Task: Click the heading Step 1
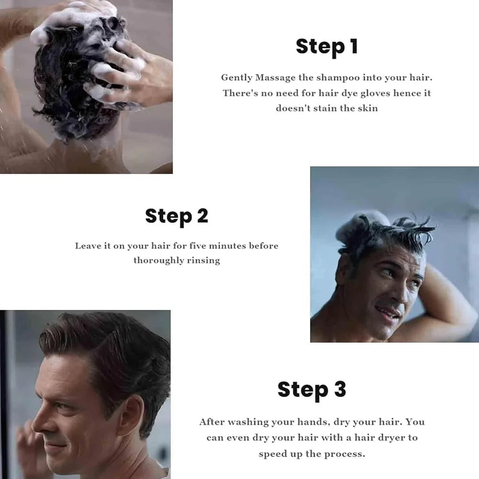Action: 327,47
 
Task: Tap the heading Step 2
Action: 177,217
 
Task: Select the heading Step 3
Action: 312,390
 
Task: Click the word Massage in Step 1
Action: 275,78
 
